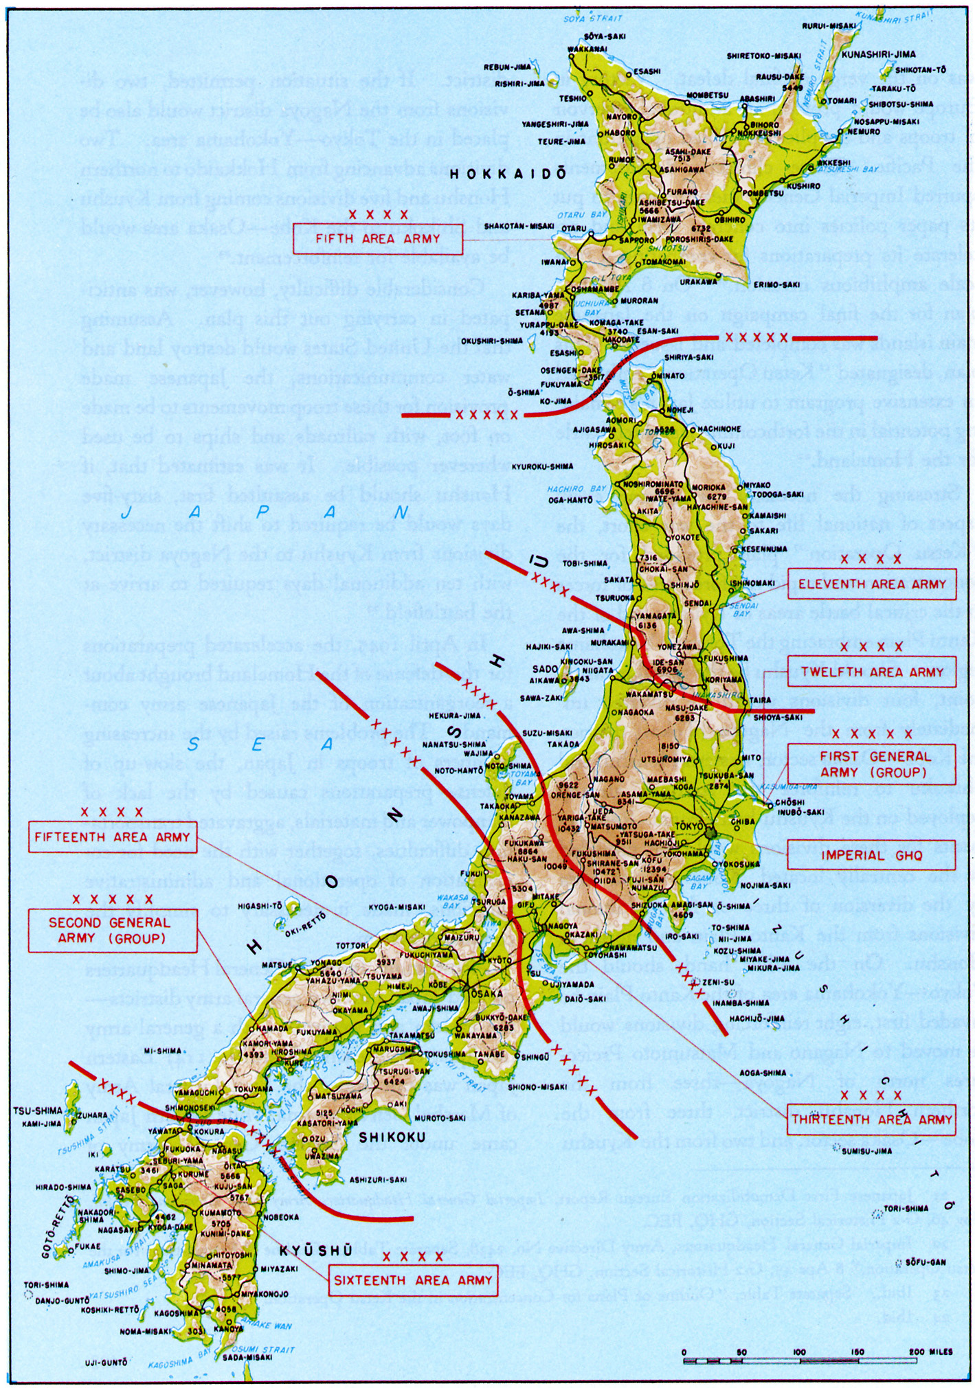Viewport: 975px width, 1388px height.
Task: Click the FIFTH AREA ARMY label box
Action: [377, 238]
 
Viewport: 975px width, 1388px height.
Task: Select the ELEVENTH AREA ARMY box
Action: [871, 584]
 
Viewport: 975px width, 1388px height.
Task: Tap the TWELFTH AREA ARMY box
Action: [871, 672]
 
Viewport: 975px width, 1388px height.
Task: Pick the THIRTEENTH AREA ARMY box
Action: [871, 1119]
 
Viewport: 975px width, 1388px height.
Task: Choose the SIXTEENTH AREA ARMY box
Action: [413, 1280]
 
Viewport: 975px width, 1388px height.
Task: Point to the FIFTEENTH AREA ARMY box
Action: [112, 837]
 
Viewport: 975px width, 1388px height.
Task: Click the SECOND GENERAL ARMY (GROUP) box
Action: [112, 930]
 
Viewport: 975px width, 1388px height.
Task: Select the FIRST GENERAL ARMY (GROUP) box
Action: [871, 764]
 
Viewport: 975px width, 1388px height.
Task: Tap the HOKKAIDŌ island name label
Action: [508, 174]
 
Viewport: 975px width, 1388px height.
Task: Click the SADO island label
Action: [546, 669]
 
